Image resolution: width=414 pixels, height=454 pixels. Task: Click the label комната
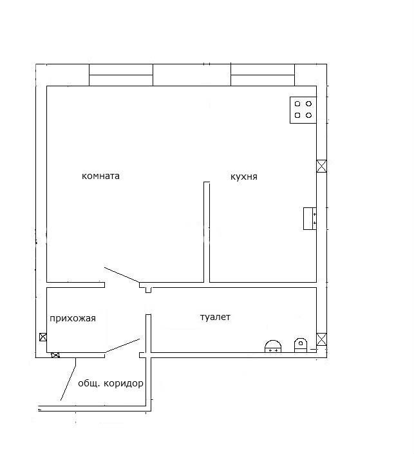click(100, 176)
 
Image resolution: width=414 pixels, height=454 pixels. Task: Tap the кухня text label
click(244, 176)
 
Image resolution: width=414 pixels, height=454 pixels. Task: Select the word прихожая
click(73, 319)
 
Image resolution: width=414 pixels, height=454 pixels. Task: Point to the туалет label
click(215, 317)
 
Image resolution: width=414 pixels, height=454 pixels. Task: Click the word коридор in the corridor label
click(124, 384)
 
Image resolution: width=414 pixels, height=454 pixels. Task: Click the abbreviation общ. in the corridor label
click(89, 384)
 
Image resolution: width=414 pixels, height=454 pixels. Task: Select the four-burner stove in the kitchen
click(303, 110)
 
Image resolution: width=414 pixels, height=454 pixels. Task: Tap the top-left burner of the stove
click(297, 104)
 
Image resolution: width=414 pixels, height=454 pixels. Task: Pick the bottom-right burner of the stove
click(308, 115)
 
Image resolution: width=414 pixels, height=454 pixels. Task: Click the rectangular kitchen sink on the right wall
click(310, 218)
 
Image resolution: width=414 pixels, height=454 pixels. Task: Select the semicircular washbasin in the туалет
click(273, 346)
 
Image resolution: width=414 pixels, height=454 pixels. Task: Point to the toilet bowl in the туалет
click(301, 345)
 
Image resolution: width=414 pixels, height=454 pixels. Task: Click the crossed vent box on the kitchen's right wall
click(321, 166)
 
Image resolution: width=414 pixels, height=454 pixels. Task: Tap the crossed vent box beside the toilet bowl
click(321, 339)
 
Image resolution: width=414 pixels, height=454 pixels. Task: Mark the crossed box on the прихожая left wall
click(43, 337)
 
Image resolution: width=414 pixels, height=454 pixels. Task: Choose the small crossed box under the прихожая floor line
click(55, 355)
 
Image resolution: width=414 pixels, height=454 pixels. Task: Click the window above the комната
click(121, 75)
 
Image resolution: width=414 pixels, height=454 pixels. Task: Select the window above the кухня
click(263, 75)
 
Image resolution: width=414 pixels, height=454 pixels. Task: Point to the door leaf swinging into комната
click(122, 275)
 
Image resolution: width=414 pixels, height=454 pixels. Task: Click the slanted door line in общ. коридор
click(68, 379)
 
